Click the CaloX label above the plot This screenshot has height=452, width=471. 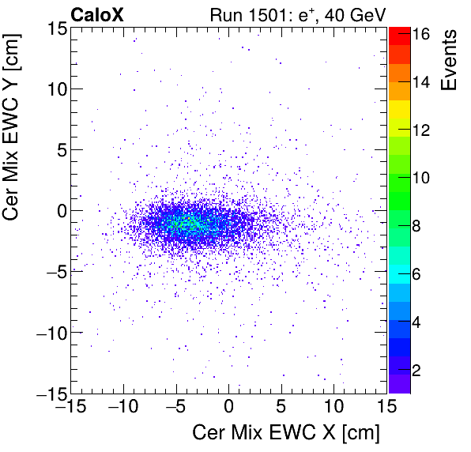97,13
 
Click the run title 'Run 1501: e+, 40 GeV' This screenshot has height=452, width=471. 296,13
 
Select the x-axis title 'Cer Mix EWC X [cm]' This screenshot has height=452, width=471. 286,433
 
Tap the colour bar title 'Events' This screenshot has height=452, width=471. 450,60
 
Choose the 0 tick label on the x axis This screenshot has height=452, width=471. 229,408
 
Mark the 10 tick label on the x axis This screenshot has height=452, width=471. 334,408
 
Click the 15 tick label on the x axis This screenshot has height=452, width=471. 386,408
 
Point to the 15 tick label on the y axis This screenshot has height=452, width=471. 55,28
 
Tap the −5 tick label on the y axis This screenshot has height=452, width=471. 52,272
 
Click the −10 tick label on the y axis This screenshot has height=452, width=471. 48,333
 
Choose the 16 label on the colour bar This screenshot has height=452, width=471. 421,34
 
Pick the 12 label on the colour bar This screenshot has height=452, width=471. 421,130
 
